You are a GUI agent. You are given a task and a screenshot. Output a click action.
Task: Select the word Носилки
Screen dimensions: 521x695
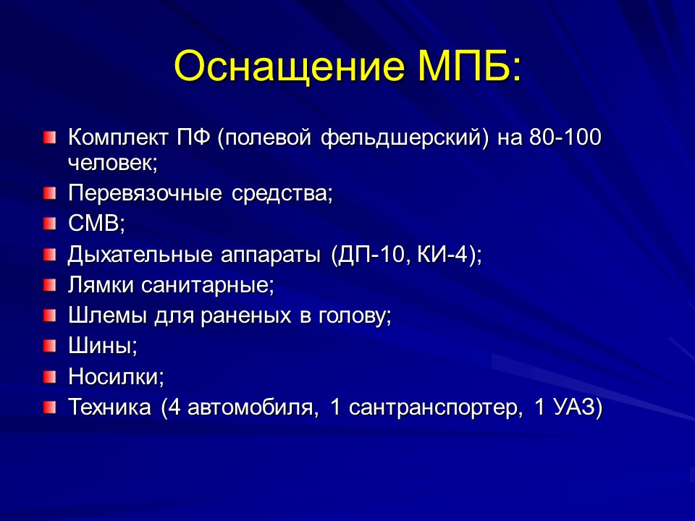tap(116, 377)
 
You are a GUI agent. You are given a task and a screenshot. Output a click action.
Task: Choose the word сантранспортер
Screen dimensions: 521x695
tap(434, 407)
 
